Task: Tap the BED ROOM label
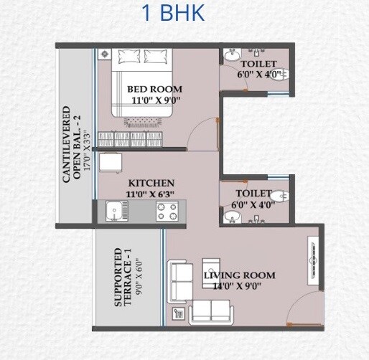click(154, 89)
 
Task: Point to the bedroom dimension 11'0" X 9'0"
click(154, 101)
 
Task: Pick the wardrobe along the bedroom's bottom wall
click(137, 138)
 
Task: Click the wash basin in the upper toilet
click(231, 55)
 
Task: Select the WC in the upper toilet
click(281, 72)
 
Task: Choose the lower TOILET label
click(253, 194)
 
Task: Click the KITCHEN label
click(151, 183)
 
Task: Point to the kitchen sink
click(113, 211)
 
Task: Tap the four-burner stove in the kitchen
click(167, 212)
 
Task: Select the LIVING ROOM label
click(239, 275)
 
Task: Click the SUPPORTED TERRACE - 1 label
click(124, 278)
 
